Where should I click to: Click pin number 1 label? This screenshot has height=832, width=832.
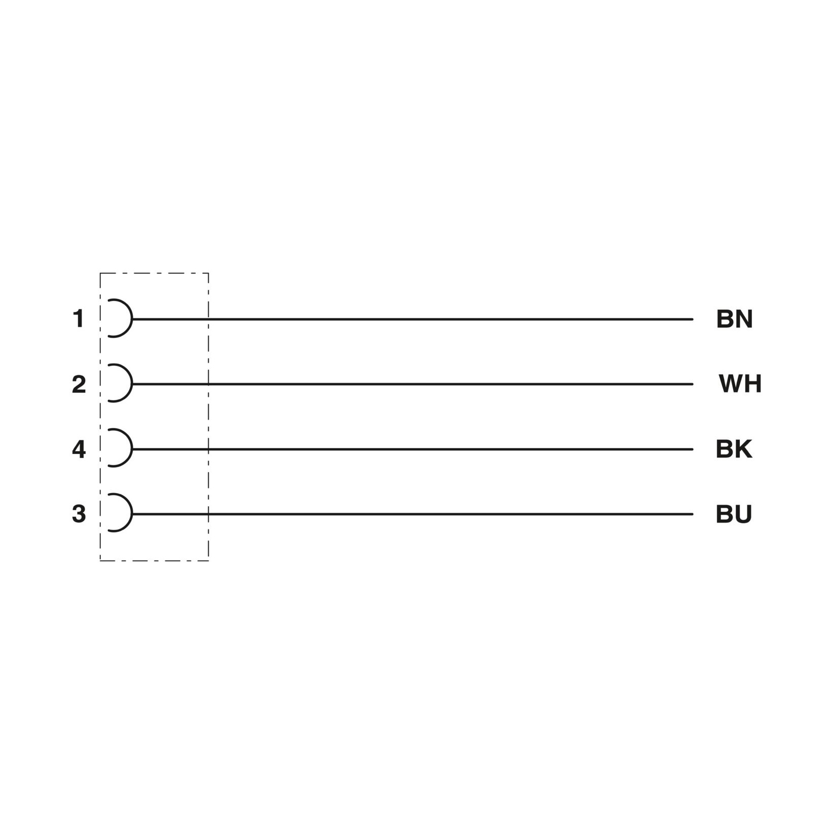79,319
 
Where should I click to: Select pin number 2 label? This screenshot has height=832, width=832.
79,384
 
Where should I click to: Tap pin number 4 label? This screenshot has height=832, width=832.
79,449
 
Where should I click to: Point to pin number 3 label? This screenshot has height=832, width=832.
79,514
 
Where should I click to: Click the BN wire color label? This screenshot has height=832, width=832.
734,319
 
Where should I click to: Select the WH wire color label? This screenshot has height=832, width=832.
740,384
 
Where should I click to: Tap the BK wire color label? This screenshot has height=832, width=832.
734,449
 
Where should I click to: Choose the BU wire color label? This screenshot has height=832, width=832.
734,514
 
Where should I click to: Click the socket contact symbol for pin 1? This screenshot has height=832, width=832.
132,319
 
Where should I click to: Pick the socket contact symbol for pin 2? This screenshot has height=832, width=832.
132,384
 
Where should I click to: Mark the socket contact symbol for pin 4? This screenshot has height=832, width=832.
132,448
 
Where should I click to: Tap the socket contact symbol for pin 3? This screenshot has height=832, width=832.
132,513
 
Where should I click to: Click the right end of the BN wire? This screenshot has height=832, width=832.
693,319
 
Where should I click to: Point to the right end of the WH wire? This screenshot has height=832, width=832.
693,384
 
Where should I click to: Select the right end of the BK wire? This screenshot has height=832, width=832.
693,449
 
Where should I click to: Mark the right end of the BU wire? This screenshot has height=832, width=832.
693,514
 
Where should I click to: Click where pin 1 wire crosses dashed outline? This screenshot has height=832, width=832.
208,319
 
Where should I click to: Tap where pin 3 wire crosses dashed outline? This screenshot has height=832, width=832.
208,514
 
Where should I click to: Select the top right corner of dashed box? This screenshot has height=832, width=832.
208,274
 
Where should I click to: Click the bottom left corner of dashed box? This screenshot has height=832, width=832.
100,560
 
